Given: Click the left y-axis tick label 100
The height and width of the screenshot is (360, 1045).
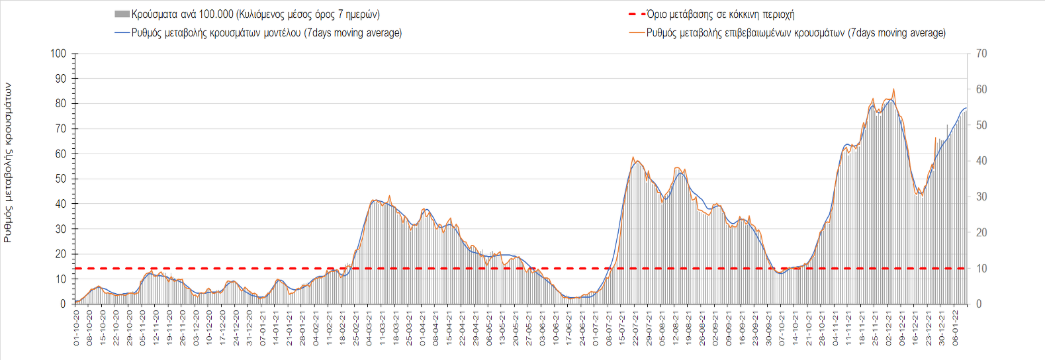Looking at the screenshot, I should tap(59, 54).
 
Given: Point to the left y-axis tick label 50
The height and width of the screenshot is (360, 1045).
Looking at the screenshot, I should tap(61, 179).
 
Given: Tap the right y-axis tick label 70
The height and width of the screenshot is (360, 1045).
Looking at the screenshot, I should tap(981, 54).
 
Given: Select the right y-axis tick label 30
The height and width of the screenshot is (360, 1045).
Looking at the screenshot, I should tap(981, 197).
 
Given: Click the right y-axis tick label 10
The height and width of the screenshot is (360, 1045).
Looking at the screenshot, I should tap(981, 268).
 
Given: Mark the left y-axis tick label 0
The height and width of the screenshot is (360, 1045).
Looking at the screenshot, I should tap(64, 304).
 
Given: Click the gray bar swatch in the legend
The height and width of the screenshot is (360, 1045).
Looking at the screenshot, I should tap(122, 14).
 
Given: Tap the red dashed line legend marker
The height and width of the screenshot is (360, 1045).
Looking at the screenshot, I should tap(637, 14).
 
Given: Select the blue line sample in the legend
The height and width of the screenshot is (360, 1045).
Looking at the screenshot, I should tap(122, 32).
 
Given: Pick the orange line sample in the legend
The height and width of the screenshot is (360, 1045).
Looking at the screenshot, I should tap(637, 32).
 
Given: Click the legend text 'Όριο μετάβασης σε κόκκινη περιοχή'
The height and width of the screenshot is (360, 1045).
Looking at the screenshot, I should tap(721, 14).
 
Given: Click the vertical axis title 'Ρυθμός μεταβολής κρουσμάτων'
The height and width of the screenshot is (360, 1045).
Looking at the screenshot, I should tap(8, 162).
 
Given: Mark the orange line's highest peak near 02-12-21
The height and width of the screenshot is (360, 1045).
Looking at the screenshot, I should tap(894, 89).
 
